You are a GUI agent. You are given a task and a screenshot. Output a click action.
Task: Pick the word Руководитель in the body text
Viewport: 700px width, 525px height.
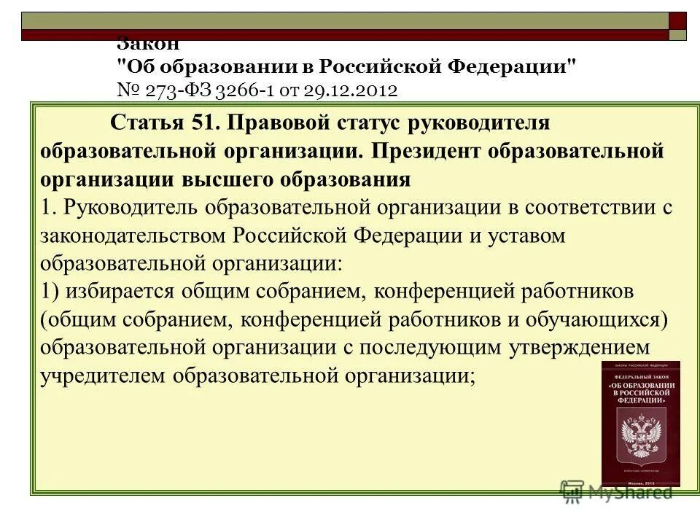coord(132,207)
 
